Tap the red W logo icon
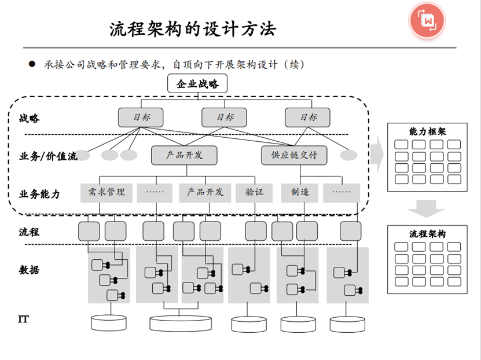[428, 21]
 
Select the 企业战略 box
[197, 84]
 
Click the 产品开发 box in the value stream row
[185, 155]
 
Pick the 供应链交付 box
[294, 155]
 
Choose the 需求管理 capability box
[107, 192]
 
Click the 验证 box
[254, 192]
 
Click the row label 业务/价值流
[48, 156]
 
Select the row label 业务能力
[39, 194]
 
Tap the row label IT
[24, 319]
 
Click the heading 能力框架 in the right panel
[427, 131]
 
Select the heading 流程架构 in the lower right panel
[427, 234]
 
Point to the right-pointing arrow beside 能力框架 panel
[377, 152]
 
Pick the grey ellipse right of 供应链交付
[348, 155]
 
